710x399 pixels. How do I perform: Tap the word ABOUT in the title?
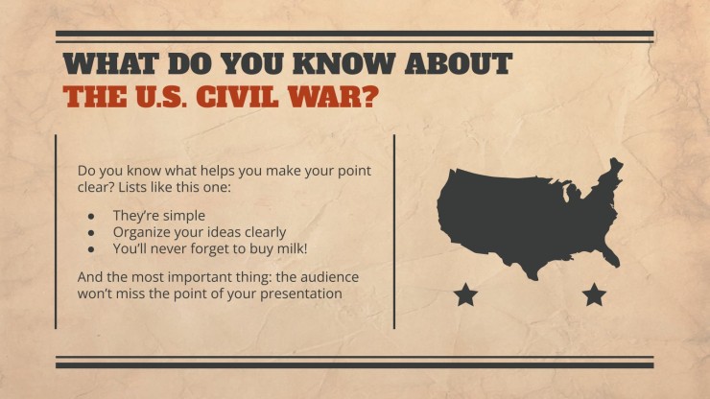coord(459,64)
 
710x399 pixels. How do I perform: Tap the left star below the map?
coord(465,294)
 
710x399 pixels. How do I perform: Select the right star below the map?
coord(594,294)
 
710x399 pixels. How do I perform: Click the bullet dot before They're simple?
coord(91,216)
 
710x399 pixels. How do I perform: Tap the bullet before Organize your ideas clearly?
coord(91,233)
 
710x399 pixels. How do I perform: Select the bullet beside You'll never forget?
coord(91,249)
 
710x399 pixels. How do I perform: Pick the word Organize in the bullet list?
coord(138,233)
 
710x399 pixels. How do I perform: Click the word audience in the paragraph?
coord(329,277)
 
